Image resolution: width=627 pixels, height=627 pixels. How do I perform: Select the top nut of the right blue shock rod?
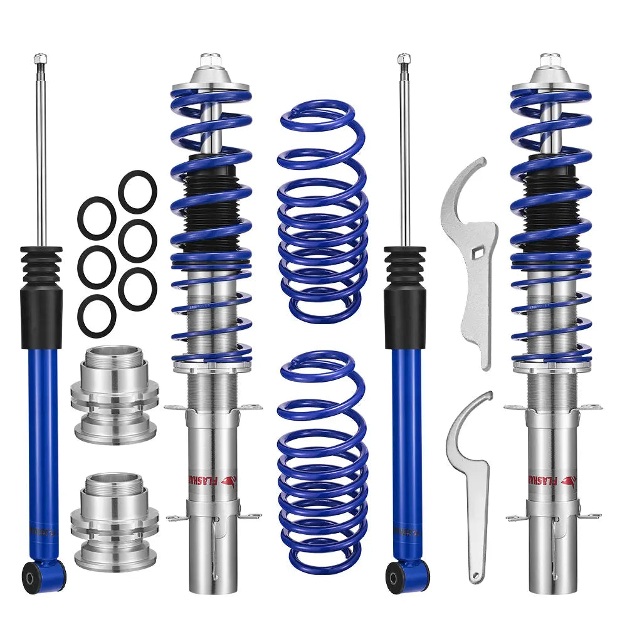404,60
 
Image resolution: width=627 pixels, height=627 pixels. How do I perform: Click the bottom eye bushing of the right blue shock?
395,571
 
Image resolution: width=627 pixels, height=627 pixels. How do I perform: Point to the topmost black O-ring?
137,191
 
